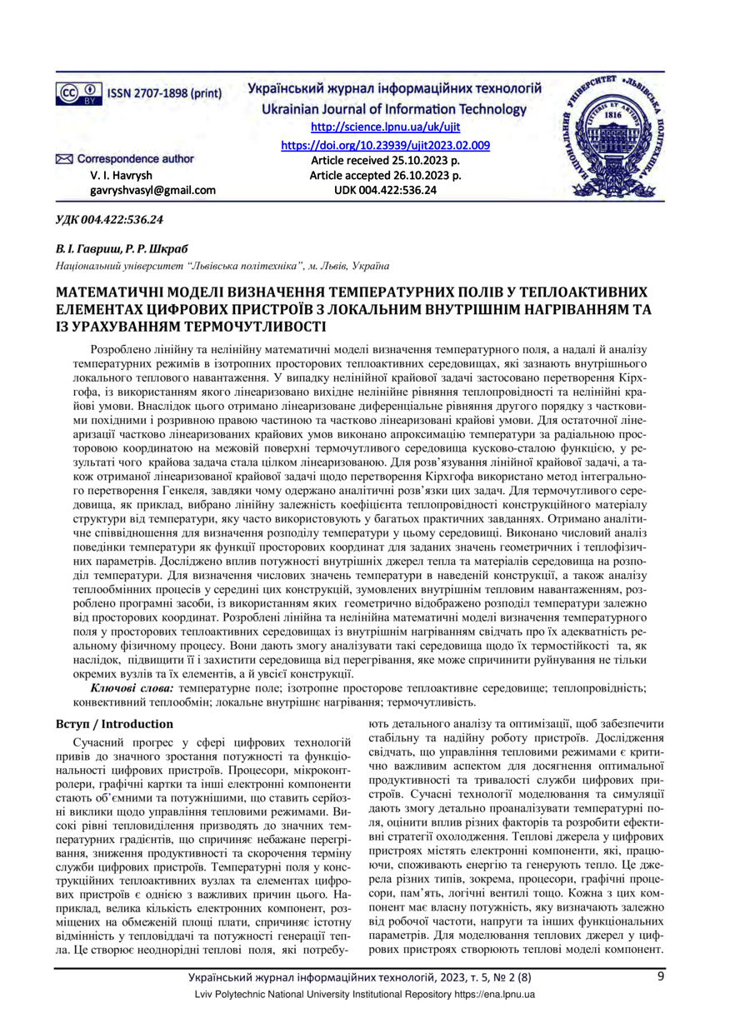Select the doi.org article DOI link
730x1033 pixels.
385,144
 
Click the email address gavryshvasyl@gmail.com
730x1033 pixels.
152,190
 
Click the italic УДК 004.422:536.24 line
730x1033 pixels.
108,220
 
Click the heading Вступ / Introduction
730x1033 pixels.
113,723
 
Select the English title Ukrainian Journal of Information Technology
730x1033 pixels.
386,109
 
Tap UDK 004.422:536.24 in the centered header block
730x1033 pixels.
385,191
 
